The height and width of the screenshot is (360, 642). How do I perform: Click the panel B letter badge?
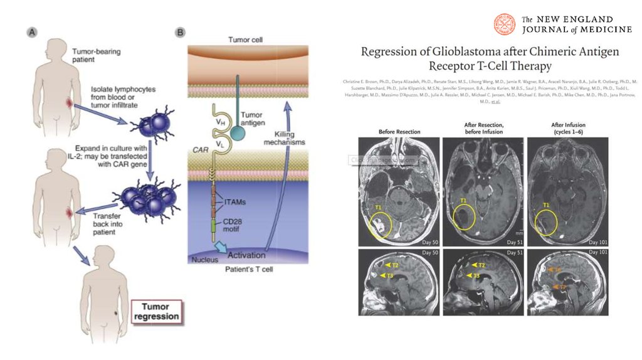180,32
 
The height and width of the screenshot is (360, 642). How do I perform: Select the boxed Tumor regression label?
155,312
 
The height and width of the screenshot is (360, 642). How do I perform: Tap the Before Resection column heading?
399,131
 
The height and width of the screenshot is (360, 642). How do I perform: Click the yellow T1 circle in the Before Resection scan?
381,225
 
